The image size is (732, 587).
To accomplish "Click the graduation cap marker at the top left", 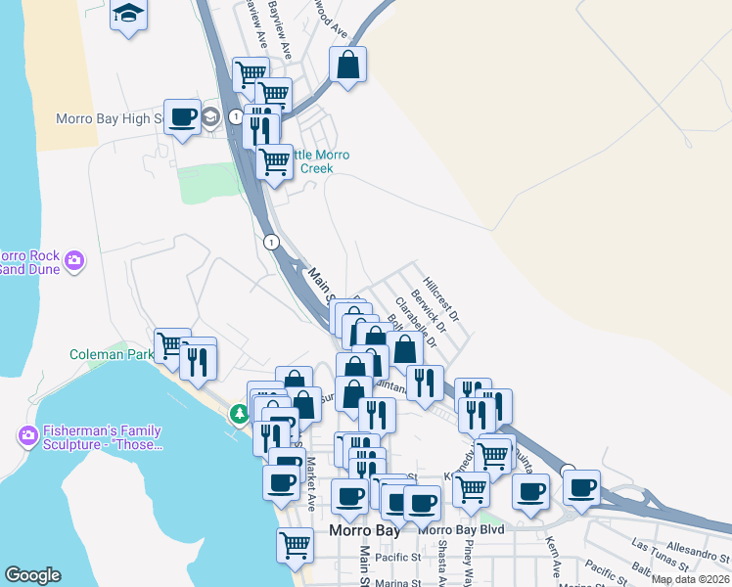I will (127, 15).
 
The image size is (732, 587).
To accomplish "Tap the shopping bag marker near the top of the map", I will (347, 66).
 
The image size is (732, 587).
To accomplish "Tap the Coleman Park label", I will (111, 354).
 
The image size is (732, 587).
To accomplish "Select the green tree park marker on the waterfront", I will (239, 415).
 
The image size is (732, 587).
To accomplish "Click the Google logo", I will (32, 575).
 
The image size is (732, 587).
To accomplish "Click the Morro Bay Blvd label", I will (460, 529).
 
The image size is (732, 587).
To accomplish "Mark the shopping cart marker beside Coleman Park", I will (172, 344).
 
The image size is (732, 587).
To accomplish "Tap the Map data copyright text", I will (689, 579).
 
